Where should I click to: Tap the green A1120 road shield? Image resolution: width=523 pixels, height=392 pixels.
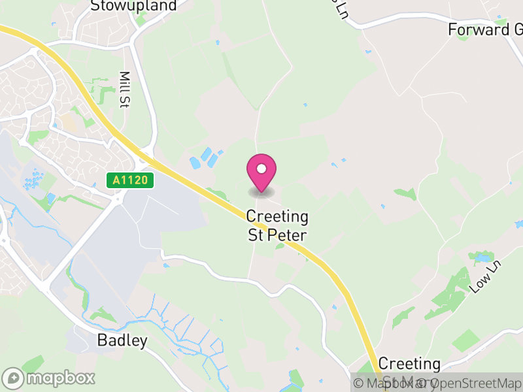click(130, 180)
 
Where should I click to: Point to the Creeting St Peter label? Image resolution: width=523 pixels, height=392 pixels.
click(277, 225)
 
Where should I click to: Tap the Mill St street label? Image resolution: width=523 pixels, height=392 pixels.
click(124, 89)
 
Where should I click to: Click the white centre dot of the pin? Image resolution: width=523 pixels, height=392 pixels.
click(261, 169)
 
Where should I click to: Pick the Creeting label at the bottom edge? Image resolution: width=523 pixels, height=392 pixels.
click(409, 364)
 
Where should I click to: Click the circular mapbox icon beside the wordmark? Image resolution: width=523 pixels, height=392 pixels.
click(13, 378)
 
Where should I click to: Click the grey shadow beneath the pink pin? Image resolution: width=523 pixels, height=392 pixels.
click(261, 192)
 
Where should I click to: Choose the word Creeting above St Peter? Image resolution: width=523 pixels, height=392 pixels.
click(277, 216)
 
